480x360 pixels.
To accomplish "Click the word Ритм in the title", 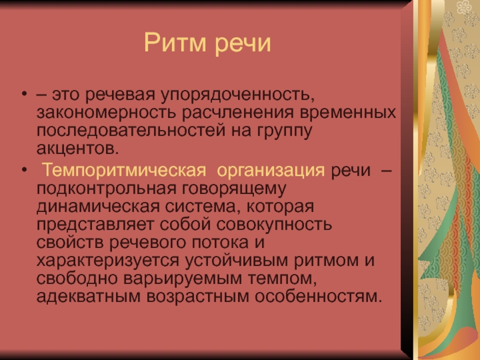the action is tap(175, 43).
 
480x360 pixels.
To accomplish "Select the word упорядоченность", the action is tap(238, 95).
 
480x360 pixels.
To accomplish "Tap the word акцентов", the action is tap(77, 149).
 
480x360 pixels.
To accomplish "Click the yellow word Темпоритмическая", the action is tap(124, 170).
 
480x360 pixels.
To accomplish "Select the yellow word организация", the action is tap(271, 171).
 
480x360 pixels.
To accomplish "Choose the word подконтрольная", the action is tap(107, 188).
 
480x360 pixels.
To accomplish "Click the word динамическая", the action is tap(98, 206).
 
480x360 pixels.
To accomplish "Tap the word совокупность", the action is tap(274, 224).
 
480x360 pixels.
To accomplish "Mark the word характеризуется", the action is tap(107, 261).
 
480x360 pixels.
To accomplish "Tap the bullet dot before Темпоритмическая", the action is tap(25, 169).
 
